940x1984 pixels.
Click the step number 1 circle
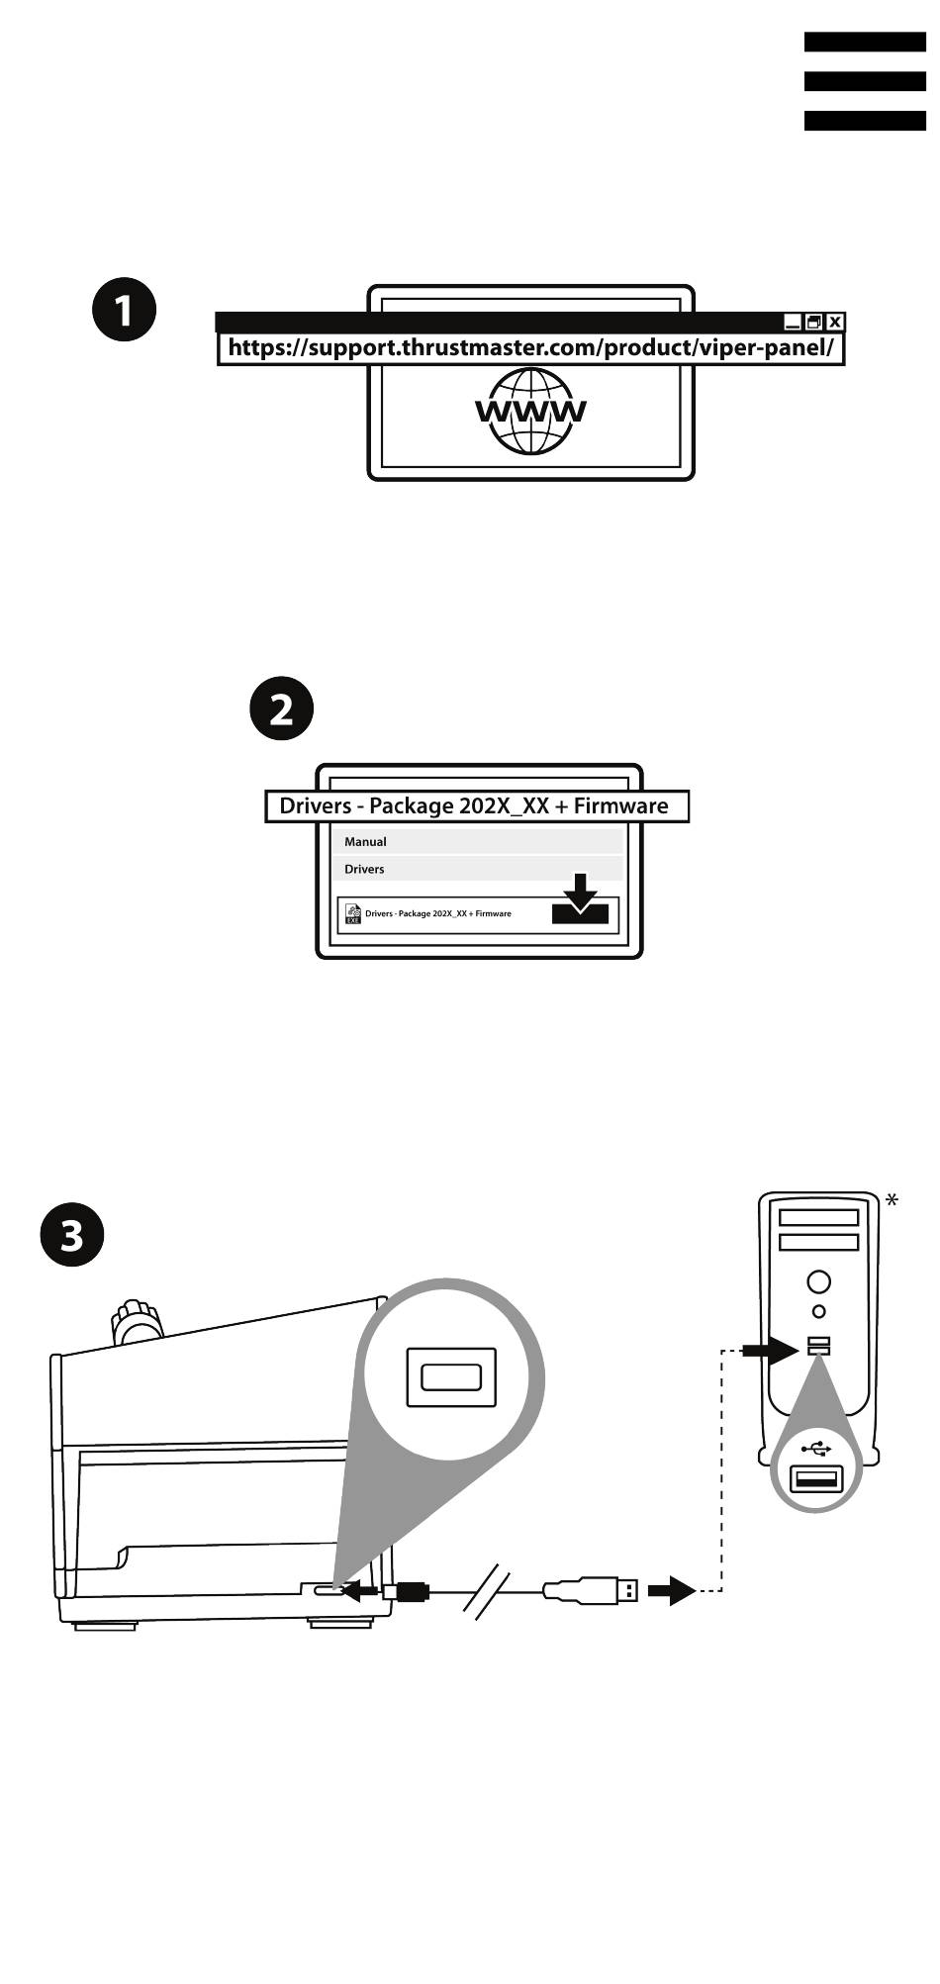point(124,311)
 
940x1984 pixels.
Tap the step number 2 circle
point(281,709)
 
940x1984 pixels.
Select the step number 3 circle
point(72,1235)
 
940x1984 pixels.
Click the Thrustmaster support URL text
point(530,348)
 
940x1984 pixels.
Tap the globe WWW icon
point(531,411)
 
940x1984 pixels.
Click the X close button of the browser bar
point(835,322)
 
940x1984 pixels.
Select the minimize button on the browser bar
point(793,322)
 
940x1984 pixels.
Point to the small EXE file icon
point(353,913)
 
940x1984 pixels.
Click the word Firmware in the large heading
point(620,806)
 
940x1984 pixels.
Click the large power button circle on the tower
point(818,1281)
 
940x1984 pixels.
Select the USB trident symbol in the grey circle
point(815,1450)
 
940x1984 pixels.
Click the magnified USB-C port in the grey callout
point(451,1376)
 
